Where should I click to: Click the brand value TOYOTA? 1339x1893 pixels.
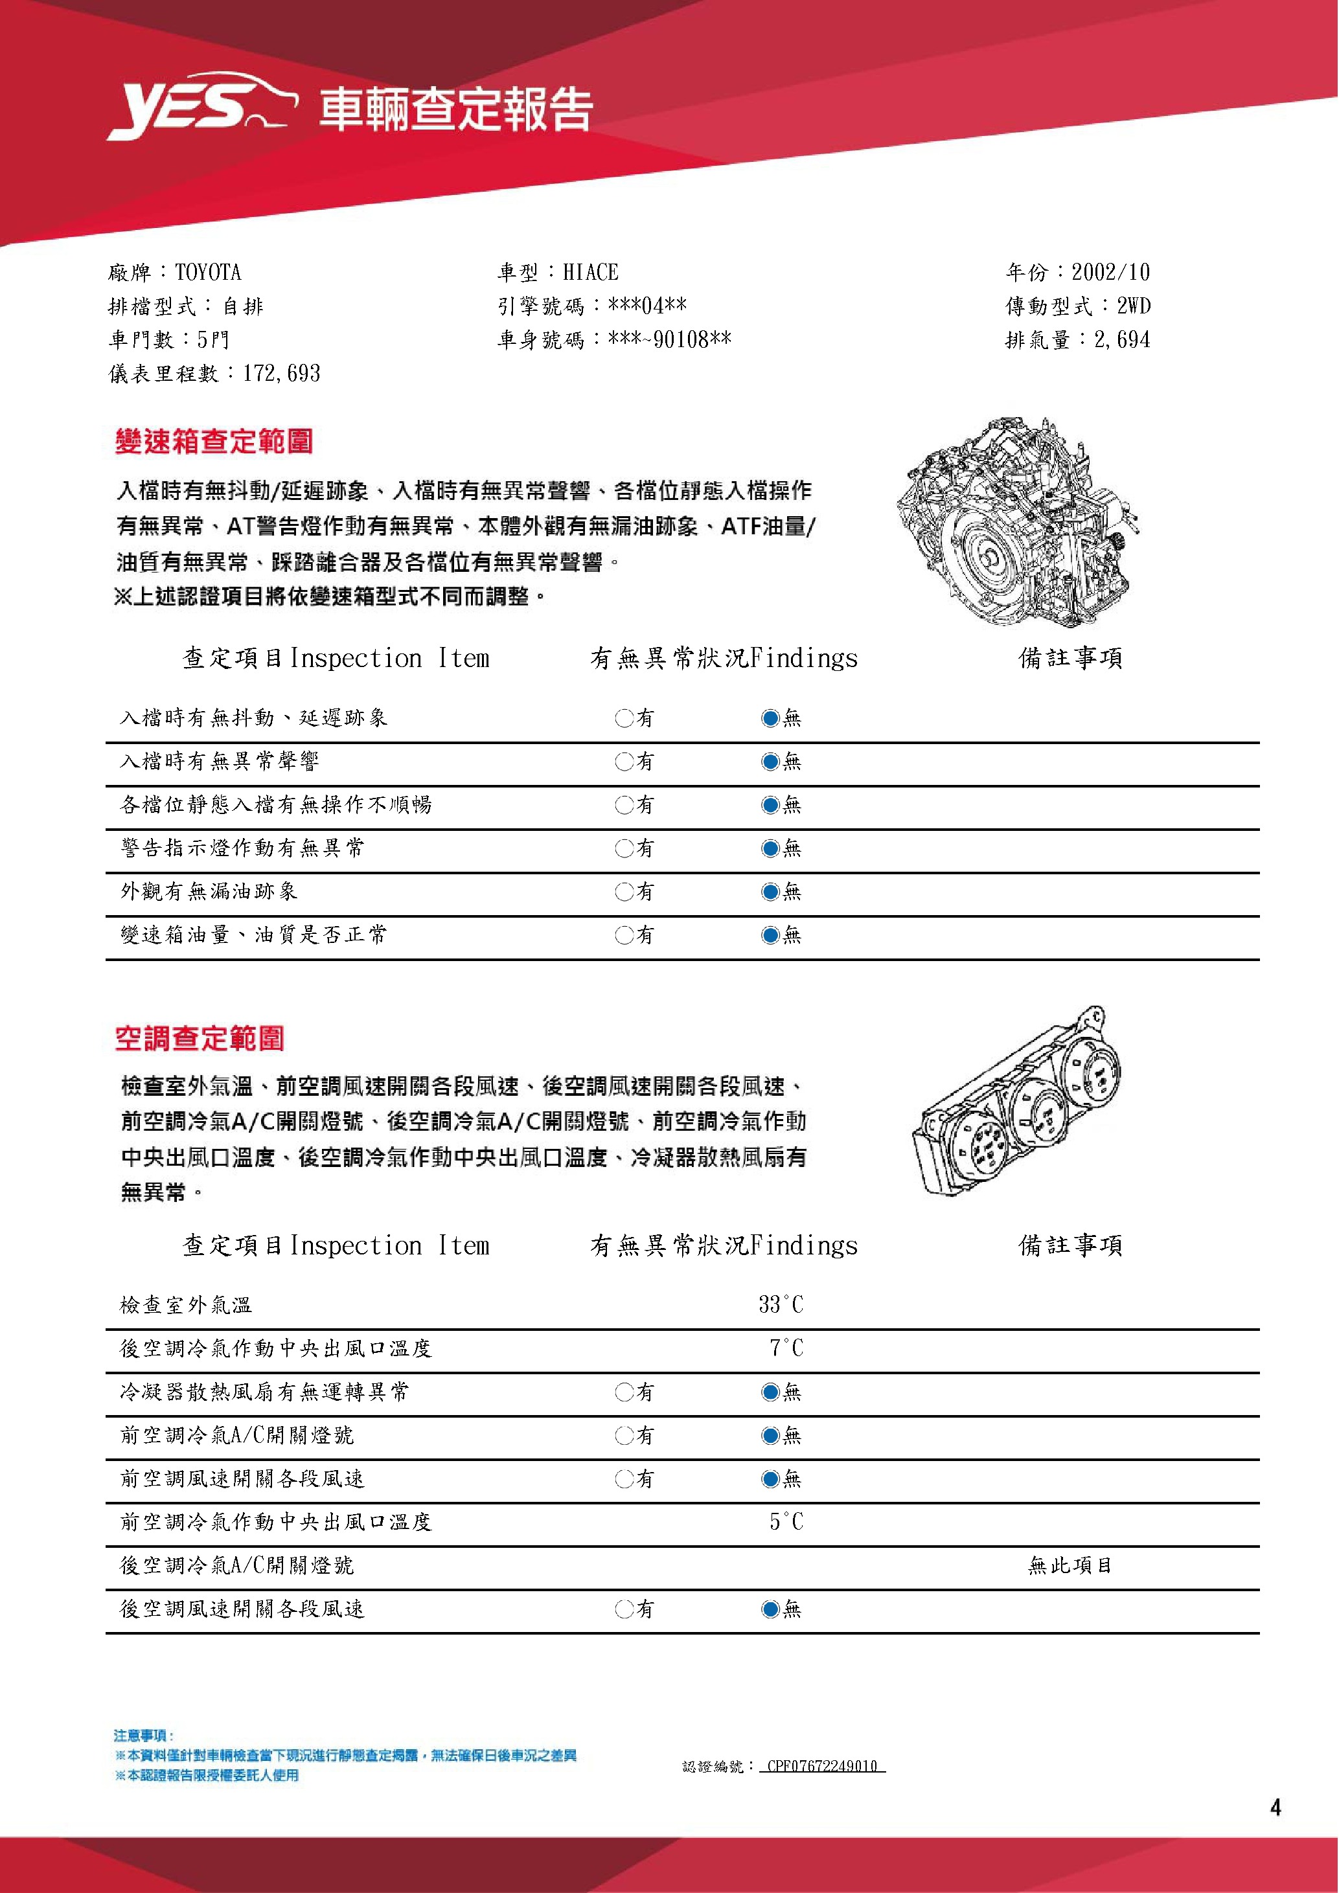pyautogui.click(x=208, y=273)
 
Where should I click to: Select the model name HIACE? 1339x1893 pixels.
pyautogui.click(x=590, y=273)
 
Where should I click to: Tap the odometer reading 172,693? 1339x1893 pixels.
pyautogui.click(x=281, y=374)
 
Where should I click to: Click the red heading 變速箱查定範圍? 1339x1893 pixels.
pyautogui.click(x=214, y=442)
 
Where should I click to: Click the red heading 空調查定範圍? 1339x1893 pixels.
pyautogui.click(x=200, y=1039)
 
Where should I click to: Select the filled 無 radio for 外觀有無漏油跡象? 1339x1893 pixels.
pyautogui.click(x=770, y=891)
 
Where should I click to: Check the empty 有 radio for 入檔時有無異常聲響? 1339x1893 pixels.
pyautogui.click(x=623, y=762)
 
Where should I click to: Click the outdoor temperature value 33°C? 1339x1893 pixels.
pyautogui.click(x=780, y=1305)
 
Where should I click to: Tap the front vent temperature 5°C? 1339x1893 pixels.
pyautogui.click(x=786, y=1522)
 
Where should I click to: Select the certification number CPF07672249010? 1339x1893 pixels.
pyautogui.click(x=821, y=1766)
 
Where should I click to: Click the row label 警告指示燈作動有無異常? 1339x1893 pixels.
pyautogui.click(x=242, y=848)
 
